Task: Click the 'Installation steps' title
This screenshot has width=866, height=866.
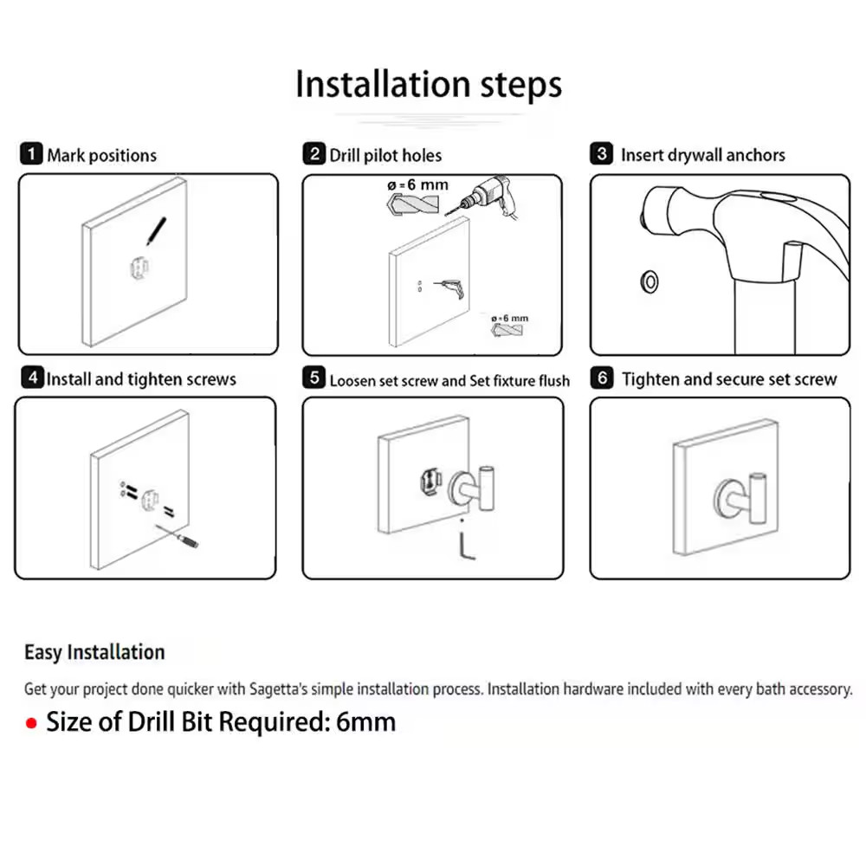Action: [429, 85]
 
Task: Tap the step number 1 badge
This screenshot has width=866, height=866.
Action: [31, 153]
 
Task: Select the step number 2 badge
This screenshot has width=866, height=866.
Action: [314, 153]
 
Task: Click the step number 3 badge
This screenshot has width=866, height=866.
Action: [602, 153]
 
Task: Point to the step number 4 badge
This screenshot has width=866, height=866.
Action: [33, 378]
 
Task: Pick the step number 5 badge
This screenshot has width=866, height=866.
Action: [314, 378]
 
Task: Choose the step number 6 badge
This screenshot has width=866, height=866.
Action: [602, 378]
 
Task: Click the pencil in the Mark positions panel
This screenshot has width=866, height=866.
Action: [156, 231]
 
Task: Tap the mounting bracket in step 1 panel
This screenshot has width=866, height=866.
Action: [139, 269]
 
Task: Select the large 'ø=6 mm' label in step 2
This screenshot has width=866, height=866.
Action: [418, 185]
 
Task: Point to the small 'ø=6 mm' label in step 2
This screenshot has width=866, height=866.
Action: [509, 318]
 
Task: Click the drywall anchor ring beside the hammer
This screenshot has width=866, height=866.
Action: [649, 282]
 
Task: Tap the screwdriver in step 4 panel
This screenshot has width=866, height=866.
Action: [177, 536]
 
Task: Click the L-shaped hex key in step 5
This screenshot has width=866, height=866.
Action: [466, 545]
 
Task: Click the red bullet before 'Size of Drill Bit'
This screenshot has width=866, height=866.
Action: [31, 723]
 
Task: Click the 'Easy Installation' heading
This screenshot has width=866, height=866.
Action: [94, 652]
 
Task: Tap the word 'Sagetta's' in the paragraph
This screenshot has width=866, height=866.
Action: [278, 689]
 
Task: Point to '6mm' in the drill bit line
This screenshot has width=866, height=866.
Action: [365, 722]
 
